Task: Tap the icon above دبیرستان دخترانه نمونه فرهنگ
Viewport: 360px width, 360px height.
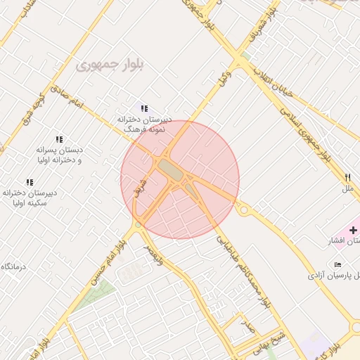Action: pyautogui.click(x=144, y=108)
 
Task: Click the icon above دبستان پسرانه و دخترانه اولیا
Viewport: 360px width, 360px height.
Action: pyautogui.click(x=59, y=139)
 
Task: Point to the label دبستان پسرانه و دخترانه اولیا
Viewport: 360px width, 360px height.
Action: pyautogui.click(x=59, y=155)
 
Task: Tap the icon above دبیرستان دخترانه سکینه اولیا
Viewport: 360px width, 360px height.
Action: pyautogui.click(x=30, y=182)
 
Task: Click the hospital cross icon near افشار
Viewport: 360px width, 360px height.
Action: pyautogui.click(x=353, y=230)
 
